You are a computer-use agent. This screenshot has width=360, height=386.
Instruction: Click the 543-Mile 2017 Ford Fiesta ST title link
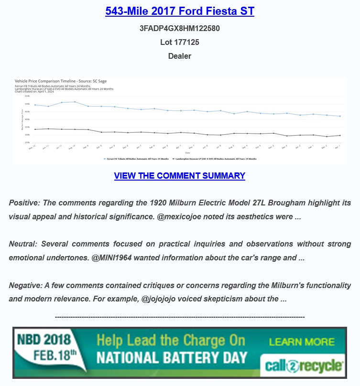179,11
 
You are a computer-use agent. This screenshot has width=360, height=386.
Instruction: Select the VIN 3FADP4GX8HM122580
179,28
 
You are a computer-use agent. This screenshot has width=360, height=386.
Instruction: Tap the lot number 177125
179,42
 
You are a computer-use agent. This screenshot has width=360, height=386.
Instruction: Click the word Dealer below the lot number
179,56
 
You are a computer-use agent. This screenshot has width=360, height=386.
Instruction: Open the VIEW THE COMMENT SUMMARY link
179,176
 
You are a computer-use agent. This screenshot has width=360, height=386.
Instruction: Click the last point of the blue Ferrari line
340,116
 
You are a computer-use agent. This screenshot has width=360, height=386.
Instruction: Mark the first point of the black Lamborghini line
35,129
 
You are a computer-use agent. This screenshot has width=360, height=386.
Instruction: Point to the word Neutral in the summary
23,244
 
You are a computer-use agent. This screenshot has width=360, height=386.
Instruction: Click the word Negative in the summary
25,286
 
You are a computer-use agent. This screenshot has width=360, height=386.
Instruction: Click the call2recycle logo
303,366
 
